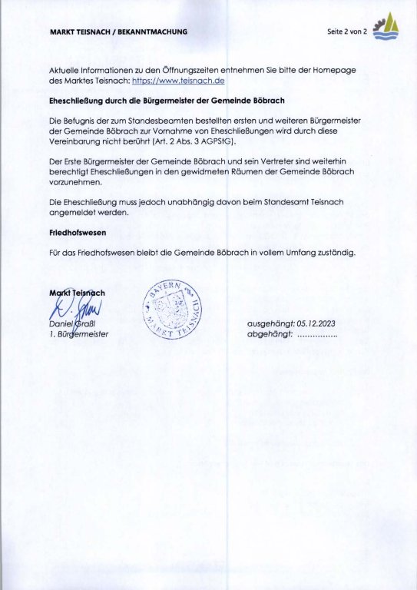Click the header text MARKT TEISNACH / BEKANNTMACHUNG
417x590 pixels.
point(118,31)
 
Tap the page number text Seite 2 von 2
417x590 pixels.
point(347,31)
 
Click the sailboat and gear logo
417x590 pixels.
point(386,28)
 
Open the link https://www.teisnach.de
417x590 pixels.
point(178,80)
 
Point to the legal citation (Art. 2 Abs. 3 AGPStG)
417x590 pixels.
point(237,143)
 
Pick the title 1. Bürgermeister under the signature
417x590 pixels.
point(78,334)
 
